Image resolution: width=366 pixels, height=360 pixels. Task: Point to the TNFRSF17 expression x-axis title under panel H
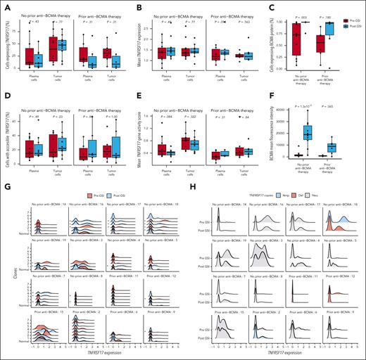pos(274,354)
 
